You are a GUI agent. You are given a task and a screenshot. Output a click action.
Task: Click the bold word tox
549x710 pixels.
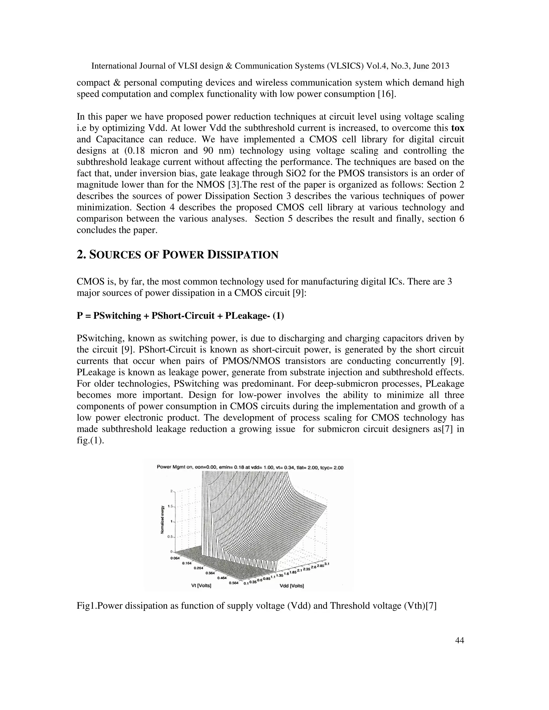[458, 128]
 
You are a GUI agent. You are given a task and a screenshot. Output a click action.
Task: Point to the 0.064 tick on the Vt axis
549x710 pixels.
[175, 558]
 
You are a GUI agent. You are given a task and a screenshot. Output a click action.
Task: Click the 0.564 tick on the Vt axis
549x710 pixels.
[233, 583]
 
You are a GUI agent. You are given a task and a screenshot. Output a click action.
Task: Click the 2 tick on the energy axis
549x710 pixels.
[171, 491]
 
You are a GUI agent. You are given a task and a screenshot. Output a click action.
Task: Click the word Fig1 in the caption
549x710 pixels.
[84, 606]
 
